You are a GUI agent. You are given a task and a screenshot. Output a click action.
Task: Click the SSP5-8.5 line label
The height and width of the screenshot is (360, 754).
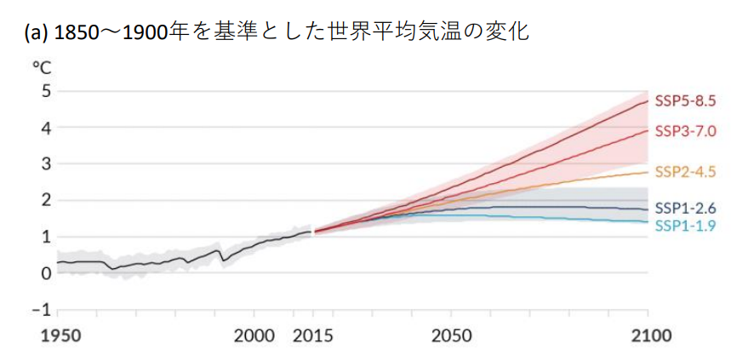[686, 100]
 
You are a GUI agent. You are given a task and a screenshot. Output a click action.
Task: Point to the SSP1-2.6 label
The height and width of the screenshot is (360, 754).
[686, 209]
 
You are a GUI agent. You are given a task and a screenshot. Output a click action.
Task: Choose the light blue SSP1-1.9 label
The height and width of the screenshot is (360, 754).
[686, 226]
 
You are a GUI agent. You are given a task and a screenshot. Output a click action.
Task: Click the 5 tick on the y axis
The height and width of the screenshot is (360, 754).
[46, 91]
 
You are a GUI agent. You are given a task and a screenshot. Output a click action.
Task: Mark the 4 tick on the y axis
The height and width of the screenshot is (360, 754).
[46, 128]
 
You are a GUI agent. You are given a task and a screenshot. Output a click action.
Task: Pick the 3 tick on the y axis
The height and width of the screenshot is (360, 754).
[46, 163]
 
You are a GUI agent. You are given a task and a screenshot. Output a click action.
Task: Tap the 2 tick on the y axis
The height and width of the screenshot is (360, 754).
[46, 200]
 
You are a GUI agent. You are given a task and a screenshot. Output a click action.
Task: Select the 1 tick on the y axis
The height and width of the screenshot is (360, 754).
[46, 237]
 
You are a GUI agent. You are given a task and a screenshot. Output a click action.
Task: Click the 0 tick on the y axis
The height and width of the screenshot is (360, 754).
[46, 273]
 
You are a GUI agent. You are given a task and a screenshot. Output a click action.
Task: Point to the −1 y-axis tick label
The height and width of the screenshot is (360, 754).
[42, 309]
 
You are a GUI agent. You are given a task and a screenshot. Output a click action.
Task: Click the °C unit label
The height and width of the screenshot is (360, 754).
[43, 67]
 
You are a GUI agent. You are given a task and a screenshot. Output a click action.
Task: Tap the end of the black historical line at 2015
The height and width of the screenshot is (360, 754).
[311, 231]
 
